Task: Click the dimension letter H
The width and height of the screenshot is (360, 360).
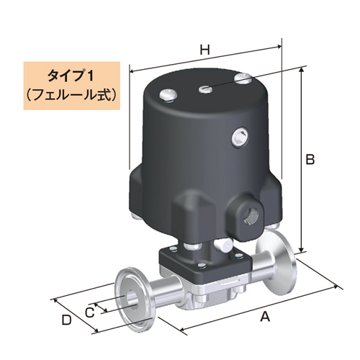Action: (204, 50)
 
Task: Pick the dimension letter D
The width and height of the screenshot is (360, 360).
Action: (66, 319)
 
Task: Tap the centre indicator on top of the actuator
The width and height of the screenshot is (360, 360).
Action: (205, 89)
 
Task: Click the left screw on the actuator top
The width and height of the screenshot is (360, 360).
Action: (168, 93)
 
